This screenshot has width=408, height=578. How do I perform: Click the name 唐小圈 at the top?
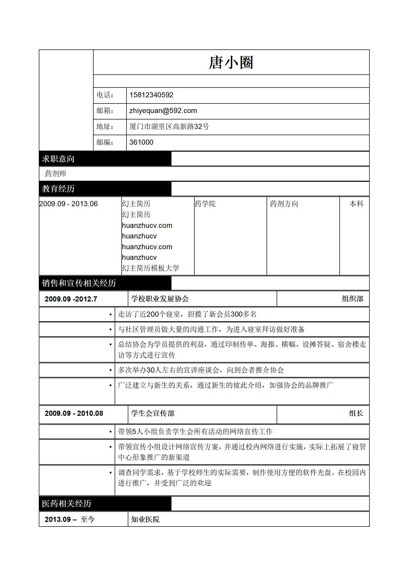click(231, 63)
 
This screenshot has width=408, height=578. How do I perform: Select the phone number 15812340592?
click(151, 95)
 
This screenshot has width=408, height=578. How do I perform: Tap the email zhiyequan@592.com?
click(163, 111)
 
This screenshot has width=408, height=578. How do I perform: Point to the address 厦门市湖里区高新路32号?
click(169, 126)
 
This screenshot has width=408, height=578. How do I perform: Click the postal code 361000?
click(141, 142)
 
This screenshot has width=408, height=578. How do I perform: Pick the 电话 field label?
click(105, 95)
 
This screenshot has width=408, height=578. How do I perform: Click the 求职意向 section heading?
click(58, 159)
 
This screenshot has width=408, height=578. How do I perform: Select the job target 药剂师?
click(56, 174)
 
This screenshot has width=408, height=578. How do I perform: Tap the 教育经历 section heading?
click(58, 188)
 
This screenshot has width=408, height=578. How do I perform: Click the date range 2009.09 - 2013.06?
click(68, 204)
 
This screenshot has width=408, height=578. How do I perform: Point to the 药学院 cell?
click(205, 204)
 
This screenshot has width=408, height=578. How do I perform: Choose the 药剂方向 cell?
click(284, 204)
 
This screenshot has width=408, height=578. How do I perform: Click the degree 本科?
click(356, 204)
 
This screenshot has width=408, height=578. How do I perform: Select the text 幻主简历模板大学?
click(150, 268)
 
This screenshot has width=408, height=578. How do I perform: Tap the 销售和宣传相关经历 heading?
click(79, 283)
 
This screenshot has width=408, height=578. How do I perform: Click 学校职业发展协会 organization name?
click(160, 299)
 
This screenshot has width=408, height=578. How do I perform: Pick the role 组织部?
click(352, 299)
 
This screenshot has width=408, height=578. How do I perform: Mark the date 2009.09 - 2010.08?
click(74, 413)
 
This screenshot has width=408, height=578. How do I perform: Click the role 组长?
click(356, 413)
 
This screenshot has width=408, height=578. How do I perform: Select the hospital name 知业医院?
click(145, 519)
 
